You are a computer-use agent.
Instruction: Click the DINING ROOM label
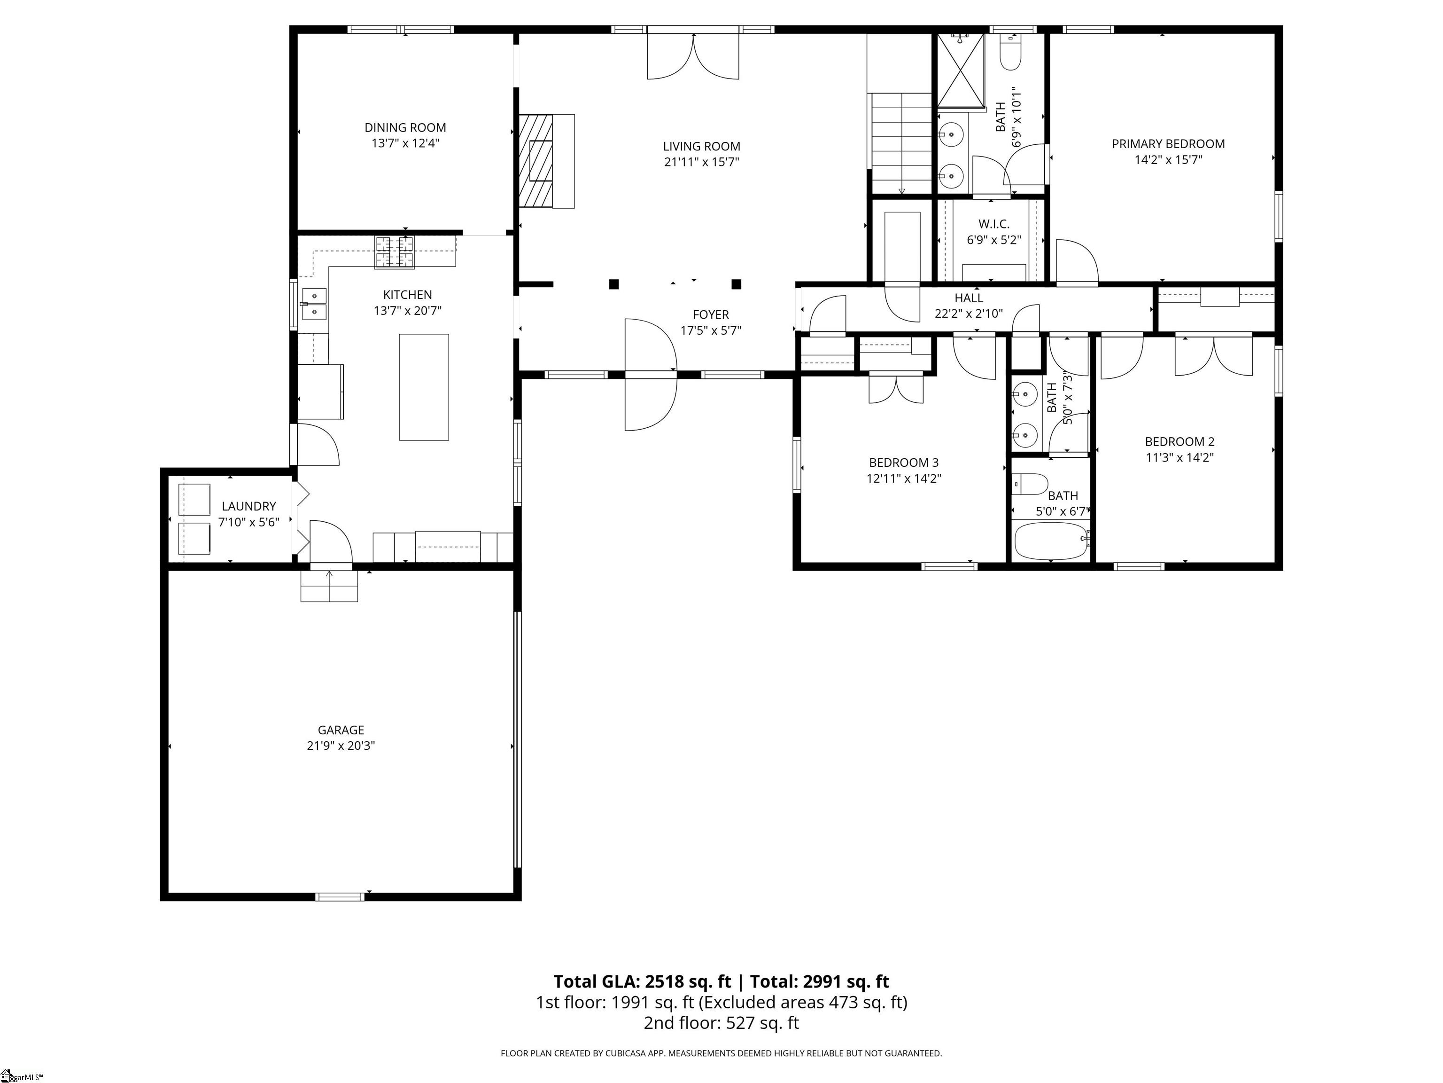pos(405,128)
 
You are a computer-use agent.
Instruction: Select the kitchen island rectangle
pos(424,387)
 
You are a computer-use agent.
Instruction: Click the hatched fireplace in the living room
pos(536,161)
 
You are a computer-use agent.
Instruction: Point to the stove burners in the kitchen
pos(394,252)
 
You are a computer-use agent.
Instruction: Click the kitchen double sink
pos(314,304)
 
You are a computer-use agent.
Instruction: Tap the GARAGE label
pos(341,730)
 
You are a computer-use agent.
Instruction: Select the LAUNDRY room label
pos(248,506)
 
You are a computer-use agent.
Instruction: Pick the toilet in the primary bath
pos(1010,52)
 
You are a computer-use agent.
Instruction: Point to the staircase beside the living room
pos(901,143)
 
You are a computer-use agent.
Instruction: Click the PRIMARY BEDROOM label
pos(1168,144)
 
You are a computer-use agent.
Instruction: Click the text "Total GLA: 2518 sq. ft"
pos(643,982)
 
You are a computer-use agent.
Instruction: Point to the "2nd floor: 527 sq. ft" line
pos(721,1023)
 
